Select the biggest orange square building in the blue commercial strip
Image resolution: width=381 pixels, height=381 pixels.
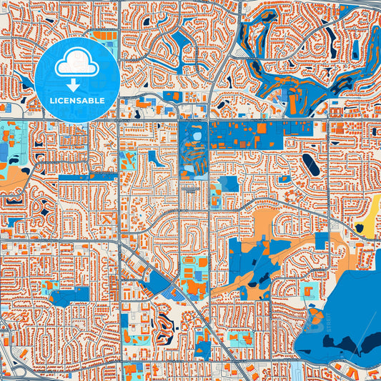pyautogui.click(x=262, y=129)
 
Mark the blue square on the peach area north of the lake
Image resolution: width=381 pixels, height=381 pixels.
pyautogui.click(x=321, y=241)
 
